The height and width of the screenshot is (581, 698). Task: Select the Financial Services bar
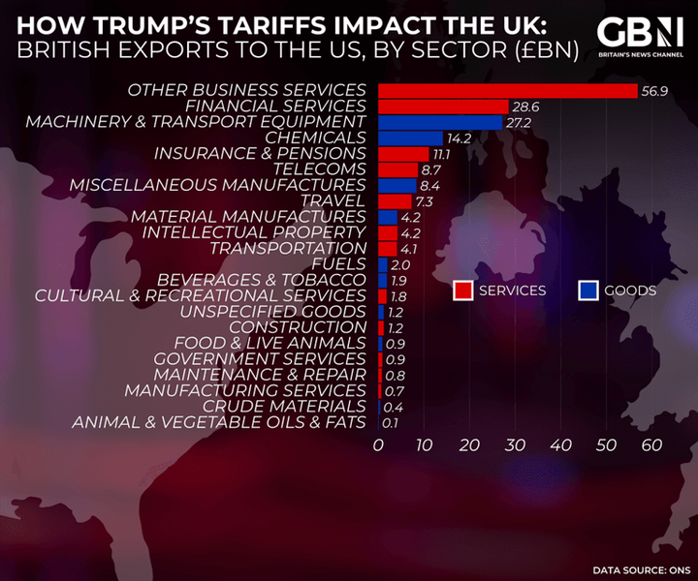click(443, 107)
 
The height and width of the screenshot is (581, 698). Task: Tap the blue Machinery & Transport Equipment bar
click(440, 122)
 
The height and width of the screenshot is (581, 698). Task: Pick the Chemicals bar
click(410, 138)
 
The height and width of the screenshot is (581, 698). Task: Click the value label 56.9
click(652, 90)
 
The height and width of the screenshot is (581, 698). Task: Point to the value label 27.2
click(519, 122)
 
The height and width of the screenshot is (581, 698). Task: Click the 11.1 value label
click(444, 154)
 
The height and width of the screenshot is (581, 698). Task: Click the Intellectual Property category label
click(254, 232)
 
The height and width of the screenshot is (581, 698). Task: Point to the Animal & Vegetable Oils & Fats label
click(219, 422)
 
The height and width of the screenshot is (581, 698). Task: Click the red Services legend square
click(463, 290)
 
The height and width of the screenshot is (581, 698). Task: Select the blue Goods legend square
click(587, 290)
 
